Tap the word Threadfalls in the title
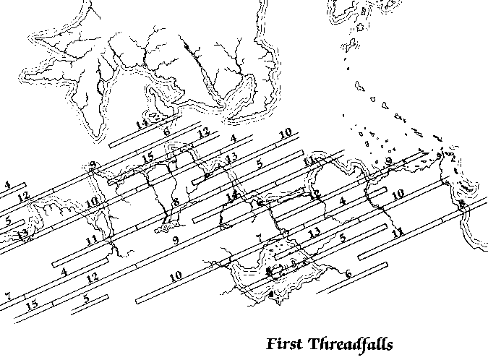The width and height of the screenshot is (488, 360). (350, 342)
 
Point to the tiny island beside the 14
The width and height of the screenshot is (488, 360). (153, 116)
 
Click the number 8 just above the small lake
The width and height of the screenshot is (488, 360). (175, 201)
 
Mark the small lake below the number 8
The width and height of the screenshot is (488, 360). (164, 229)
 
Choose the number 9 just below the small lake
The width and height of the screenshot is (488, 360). (175, 239)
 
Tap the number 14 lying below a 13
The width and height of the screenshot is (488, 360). (231, 195)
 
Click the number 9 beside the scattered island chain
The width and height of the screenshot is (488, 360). (388, 161)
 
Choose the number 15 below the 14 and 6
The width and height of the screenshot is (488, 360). (148, 158)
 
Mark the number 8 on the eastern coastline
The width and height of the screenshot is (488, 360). (461, 205)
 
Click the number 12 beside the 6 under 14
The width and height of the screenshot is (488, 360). (203, 132)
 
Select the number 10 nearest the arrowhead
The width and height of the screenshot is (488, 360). (398, 194)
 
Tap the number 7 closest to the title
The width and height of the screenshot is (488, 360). (257, 238)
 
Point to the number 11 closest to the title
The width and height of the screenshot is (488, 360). (397, 232)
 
